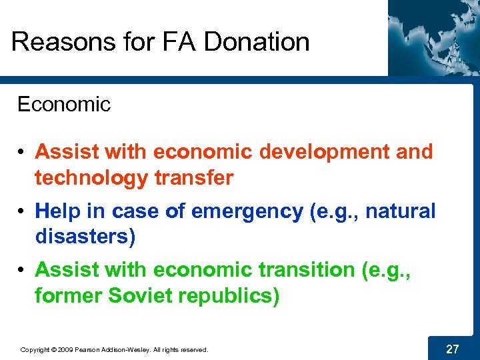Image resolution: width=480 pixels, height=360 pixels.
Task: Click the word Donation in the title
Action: tap(257, 42)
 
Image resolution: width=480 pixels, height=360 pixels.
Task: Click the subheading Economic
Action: tap(63, 105)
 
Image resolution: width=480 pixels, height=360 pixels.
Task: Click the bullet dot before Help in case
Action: tap(23, 212)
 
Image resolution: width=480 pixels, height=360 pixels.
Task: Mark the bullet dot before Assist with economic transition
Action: tap(23, 271)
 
